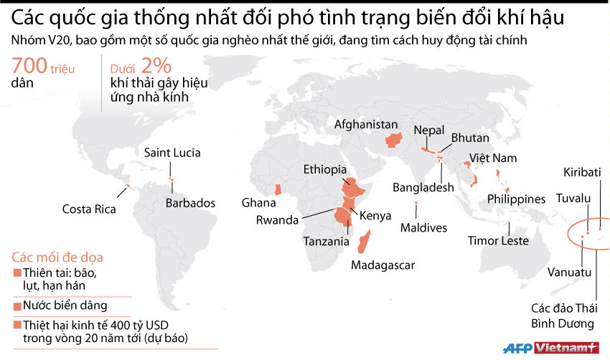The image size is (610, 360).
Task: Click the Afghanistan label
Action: point(366,123)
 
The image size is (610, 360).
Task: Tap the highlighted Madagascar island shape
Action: point(364,242)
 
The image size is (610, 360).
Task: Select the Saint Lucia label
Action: point(172,153)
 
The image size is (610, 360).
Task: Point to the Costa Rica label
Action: point(88,209)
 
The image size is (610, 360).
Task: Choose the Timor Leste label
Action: point(498,241)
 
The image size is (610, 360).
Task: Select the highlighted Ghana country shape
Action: point(278,189)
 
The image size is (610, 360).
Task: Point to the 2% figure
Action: point(156,67)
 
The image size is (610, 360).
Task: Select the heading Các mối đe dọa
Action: point(57,256)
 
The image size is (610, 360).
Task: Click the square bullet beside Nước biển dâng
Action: point(17,305)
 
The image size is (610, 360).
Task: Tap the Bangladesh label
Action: point(423,187)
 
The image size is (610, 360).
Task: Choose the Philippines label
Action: point(517,198)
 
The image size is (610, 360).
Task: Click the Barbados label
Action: point(190,203)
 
